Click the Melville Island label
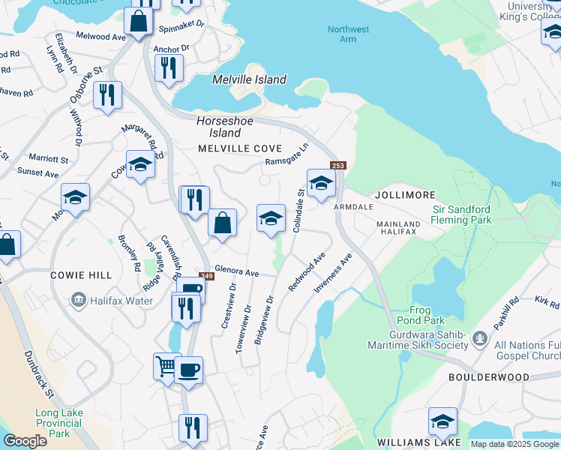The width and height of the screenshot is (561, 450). (x=249, y=79)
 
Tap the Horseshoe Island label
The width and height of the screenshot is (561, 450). (x=220, y=126)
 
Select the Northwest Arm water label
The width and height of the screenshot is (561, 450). (x=348, y=34)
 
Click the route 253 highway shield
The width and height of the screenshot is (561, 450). (x=337, y=165)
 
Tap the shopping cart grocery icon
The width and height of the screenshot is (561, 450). (x=167, y=367)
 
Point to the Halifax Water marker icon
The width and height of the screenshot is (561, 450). (x=78, y=301)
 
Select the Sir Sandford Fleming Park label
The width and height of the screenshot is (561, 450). (x=461, y=214)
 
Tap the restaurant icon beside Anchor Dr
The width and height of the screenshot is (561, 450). (x=169, y=68)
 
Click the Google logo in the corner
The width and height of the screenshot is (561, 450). (x=25, y=441)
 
